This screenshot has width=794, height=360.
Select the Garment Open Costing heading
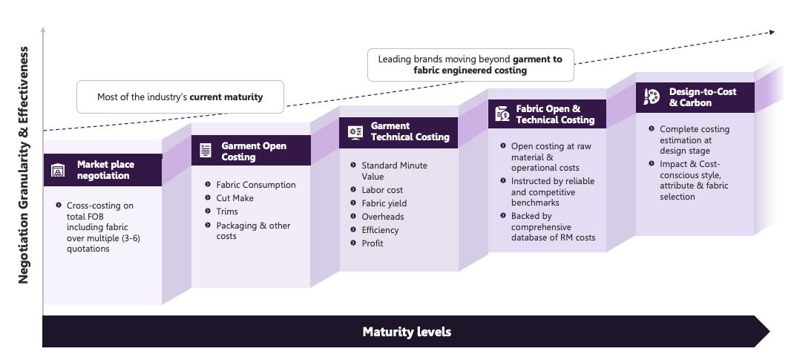254,151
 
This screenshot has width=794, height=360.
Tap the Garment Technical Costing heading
410,131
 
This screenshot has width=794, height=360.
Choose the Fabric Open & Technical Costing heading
555,114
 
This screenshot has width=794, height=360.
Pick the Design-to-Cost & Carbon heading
703,96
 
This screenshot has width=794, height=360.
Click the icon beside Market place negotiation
58,171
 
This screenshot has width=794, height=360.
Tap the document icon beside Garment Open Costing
205,151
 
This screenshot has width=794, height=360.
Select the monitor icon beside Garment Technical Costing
355,132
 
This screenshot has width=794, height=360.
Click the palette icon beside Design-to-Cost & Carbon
651,96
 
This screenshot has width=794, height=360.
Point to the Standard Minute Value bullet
394,171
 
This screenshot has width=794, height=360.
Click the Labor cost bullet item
382,190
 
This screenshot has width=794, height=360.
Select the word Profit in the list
373,243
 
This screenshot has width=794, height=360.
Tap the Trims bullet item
227,212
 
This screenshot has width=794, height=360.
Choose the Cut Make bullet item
234,198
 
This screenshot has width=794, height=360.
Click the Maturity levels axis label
407,332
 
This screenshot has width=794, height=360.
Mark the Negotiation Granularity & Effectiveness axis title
24,164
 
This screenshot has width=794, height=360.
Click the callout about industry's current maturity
180,97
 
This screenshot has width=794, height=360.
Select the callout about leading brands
470,65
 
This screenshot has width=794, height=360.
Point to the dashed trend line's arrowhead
772,31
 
